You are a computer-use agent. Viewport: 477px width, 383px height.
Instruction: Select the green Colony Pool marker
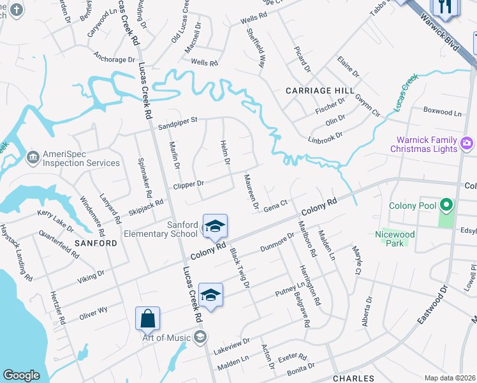click(x=446, y=206)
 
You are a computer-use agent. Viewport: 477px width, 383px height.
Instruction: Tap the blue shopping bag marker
click(x=147, y=317)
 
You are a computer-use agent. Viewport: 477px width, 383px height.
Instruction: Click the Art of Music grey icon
click(x=200, y=337)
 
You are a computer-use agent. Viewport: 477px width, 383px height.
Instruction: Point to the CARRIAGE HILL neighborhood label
click(x=315, y=91)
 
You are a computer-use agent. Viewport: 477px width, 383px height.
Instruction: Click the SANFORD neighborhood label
click(x=96, y=243)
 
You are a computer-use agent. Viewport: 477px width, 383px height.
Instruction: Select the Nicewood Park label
click(x=395, y=239)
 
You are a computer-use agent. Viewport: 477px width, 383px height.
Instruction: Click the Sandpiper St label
click(x=179, y=119)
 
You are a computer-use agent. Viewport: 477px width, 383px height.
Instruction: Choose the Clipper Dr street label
click(x=188, y=184)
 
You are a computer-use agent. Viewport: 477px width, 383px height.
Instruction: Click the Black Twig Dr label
click(x=240, y=267)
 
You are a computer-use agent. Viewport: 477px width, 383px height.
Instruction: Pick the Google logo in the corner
click(x=21, y=375)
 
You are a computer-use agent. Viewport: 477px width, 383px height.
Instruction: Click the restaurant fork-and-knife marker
click(x=444, y=7)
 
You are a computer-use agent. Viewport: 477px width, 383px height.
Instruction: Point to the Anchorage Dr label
click(x=114, y=59)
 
